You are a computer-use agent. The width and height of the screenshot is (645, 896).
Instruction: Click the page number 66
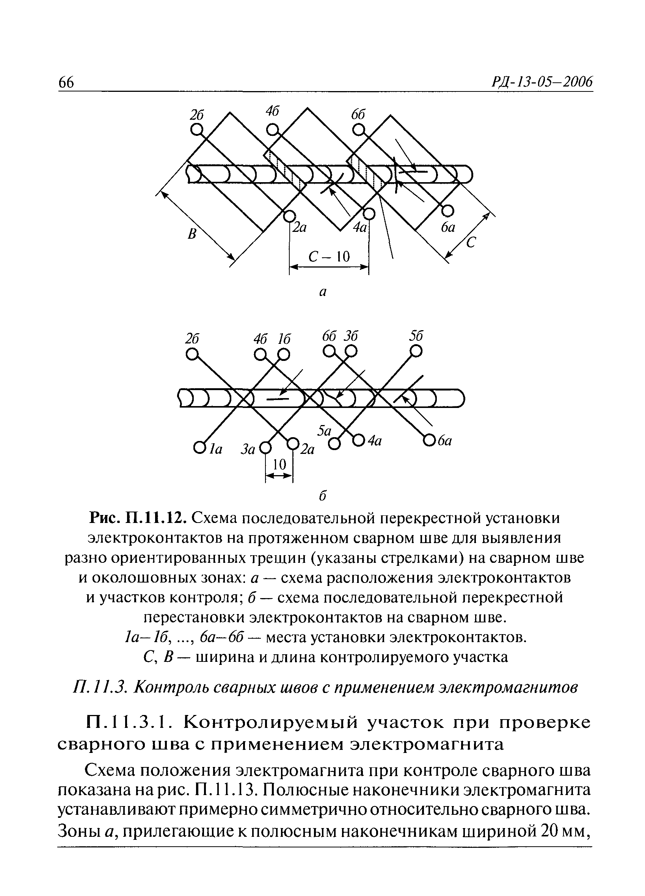66,82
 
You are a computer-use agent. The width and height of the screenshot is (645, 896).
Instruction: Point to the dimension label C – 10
329,257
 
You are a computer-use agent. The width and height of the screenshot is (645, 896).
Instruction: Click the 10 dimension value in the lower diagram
279,465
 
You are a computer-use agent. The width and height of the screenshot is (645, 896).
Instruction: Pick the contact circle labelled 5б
416,350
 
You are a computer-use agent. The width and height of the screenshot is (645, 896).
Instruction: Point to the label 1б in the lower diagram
284,339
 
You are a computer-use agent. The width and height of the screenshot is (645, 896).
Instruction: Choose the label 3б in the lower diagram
350,336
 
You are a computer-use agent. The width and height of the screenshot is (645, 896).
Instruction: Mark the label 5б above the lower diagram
416,336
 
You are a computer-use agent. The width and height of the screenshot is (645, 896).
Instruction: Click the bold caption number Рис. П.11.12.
138,518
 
